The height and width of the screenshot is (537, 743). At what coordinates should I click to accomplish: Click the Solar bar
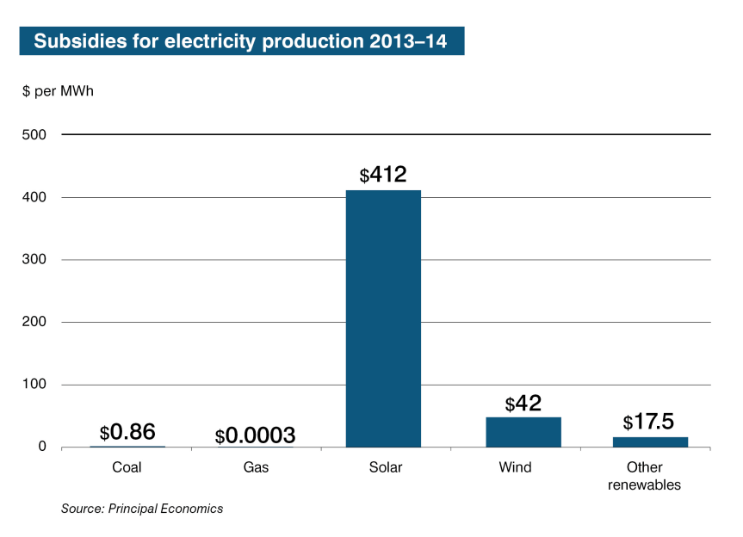coord(383,318)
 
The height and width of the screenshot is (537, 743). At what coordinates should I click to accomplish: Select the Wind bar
coord(523,432)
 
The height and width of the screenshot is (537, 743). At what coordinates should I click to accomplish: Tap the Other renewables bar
coord(650,441)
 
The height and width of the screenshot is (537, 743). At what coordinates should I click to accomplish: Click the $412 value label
coord(383,175)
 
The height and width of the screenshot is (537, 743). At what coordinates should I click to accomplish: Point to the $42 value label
coord(523,403)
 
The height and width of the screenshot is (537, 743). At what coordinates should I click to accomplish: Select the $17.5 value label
coord(648,422)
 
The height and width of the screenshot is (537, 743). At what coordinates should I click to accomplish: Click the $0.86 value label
coord(127,432)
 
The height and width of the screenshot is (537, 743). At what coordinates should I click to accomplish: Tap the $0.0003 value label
coord(255,435)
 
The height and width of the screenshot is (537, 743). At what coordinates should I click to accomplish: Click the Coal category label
coord(127,468)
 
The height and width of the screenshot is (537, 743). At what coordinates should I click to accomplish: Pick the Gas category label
coord(256,468)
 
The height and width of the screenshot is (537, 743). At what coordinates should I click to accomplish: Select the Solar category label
coord(383,468)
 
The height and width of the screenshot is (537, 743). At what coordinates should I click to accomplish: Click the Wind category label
coord(515,468)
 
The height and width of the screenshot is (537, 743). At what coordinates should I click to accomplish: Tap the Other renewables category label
coord(644,476)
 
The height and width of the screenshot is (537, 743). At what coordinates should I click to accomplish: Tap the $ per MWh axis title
coord(57,91)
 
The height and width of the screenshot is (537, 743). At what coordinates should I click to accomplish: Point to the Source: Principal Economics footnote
coord(141,509)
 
